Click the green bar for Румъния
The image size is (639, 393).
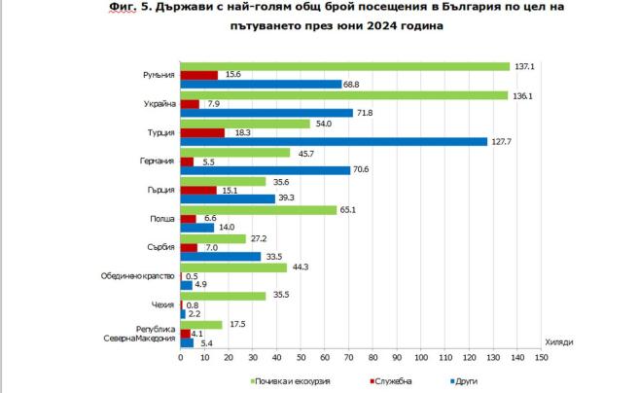(x=345, y=66)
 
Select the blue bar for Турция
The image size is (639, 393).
(x=334, y=141)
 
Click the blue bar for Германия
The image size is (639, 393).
(x=265, y=170)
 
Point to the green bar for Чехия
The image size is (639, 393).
(x=223, y=296)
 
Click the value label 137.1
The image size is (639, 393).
(x=525, y=66)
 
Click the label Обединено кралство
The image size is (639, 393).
(x=137, y=276)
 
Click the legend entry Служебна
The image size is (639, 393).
(x=402, y=380)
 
